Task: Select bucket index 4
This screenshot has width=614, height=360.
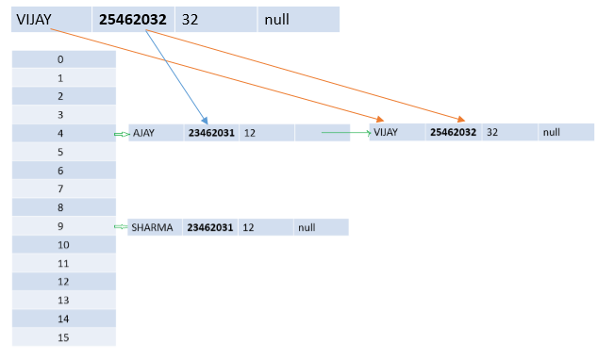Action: coord(61,134)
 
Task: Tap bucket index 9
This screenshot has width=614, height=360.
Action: coord(61,226)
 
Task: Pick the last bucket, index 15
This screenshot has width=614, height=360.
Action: coord(61,337)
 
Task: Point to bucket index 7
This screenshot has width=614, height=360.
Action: coord(61,189)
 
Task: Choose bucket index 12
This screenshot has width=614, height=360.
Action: coord(61,282)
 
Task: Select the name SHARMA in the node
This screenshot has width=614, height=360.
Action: coord(153,227)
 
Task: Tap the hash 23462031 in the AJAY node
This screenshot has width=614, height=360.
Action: coord(210,134)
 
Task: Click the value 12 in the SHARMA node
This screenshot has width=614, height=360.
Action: coord(250,227)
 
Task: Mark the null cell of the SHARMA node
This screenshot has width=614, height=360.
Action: coord(307,227)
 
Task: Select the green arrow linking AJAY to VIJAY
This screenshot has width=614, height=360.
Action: coord(345,133)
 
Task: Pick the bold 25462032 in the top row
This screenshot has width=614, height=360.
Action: coord(139,19)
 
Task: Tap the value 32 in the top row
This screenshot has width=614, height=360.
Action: coord(190,19)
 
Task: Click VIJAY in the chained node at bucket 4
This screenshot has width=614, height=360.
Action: coord(387,133)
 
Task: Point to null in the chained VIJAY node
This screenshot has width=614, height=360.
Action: coord(551,133)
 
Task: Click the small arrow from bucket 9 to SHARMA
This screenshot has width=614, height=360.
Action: coord(120,226)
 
